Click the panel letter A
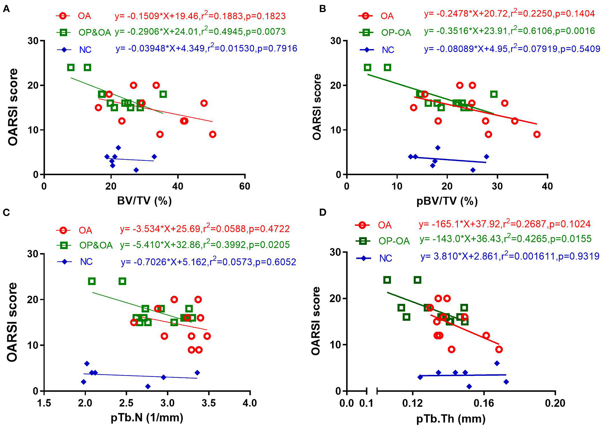point(6,9)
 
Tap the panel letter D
point(322,212)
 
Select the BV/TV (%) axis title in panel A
point(144,201)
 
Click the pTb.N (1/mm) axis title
point(147,417)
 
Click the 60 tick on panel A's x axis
point(244,186)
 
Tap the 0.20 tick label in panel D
point(555,403)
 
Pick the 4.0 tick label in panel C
point(250,403)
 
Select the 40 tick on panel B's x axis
point(547,186)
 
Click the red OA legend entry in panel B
point(387,16)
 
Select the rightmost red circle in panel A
point(213,134)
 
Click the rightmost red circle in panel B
point(537,134)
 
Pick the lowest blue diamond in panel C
point(148,386)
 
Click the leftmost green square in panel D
point(387,280)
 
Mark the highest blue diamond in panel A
point(118,148)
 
